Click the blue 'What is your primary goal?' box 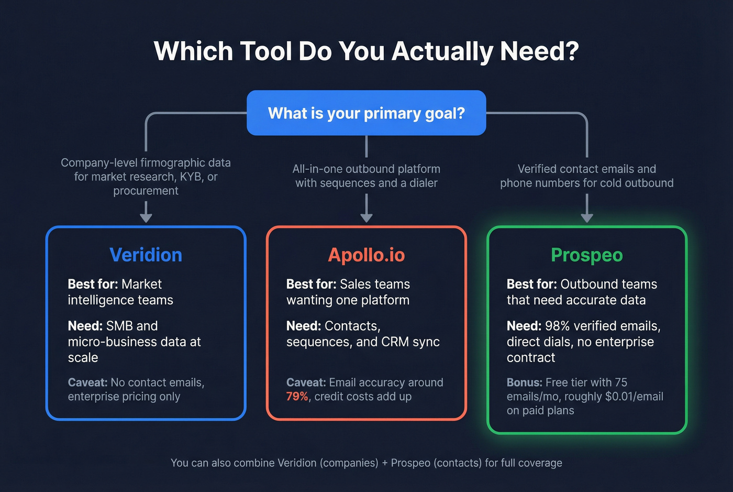tap(366, 113)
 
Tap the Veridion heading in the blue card tap(146, 255)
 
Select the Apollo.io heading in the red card tap(366, 255)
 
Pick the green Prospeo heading tap(586, 255)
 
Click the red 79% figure tap(297, 397)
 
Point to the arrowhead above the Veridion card tap(146, 217)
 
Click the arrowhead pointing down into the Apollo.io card tap(366, 217)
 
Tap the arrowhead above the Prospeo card tap(587, 217)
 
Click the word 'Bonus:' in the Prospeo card tap(524, 382)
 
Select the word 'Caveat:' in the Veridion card tap(87, 382)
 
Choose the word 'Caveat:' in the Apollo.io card tap(306, 382)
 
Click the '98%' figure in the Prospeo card tap(557, 326)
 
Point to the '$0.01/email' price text tap(634, 397)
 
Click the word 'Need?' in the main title tap(539, 51)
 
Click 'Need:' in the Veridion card tap(85, 326)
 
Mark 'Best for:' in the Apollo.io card tap(311, 284)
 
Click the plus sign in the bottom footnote tap(385, 463)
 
